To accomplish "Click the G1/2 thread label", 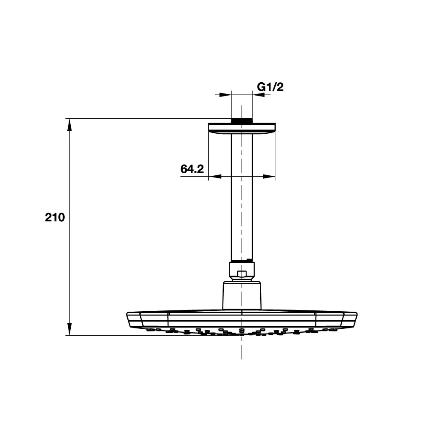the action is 270,87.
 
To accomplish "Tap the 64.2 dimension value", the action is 192,169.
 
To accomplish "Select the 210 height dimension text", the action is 55,217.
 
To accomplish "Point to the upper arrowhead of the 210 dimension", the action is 69,125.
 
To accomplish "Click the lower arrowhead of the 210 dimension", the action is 69,329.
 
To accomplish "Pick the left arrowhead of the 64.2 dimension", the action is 215,176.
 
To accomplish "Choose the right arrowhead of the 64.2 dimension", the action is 269,176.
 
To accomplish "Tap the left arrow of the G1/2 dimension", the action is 223,95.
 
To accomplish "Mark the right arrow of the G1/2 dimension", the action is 261,95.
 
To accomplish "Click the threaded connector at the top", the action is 242,120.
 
